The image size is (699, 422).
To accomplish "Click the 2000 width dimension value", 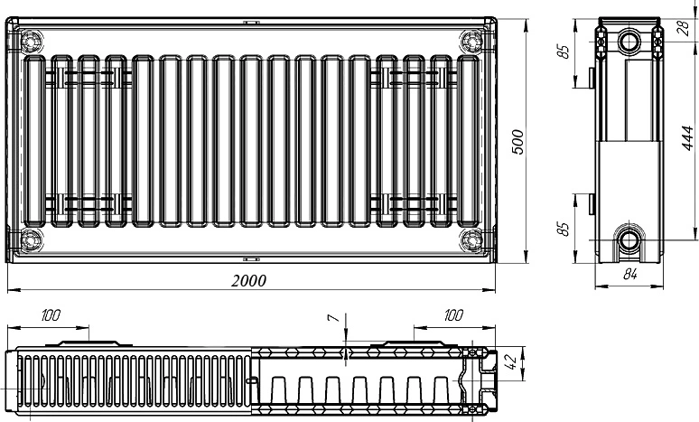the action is pyautogui.click(x=248, y=281).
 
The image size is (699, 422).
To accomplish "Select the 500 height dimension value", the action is pyautogui.click(x=517, y=142).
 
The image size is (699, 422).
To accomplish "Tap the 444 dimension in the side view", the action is pyautogui.click(x=688, y=138).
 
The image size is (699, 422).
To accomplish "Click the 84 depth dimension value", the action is pyautogui.click(x=629, y=275).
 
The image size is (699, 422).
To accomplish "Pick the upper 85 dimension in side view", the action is pyautogui.click(x=564, y=52).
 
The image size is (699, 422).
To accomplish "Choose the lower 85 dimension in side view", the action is pyautogui.click(x=564, y=229).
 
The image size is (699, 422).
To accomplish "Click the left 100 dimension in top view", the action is pyautogui.click(x=51, y=315).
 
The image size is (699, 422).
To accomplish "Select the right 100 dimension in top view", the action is pyautogui.click(x=453, y=315).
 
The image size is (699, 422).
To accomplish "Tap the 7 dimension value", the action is pyautogui.click(x=333, y=317).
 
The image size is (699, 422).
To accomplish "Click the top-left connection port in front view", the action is pyautogui.click(x=32, y=42).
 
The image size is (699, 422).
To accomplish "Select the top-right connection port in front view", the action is pyautogui.click(x=471, y=42).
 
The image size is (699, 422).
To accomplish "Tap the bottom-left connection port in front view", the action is pyautogui.click(x=32, y=240).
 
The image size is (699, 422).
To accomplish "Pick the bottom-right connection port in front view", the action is pyautogui.click(x=471, y=240).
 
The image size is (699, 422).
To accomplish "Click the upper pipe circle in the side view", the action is pyautogui.click(x=629, y=42).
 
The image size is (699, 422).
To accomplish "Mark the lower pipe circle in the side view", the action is pyautogui.click(x=629, y=240).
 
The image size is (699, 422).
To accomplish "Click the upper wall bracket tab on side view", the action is pyautogui.click(x=592, y=77).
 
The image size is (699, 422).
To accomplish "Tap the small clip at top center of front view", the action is pyautogui.click(x=251, y=22).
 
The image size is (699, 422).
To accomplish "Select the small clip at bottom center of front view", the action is pyautogui.click(x=251, y=258).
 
